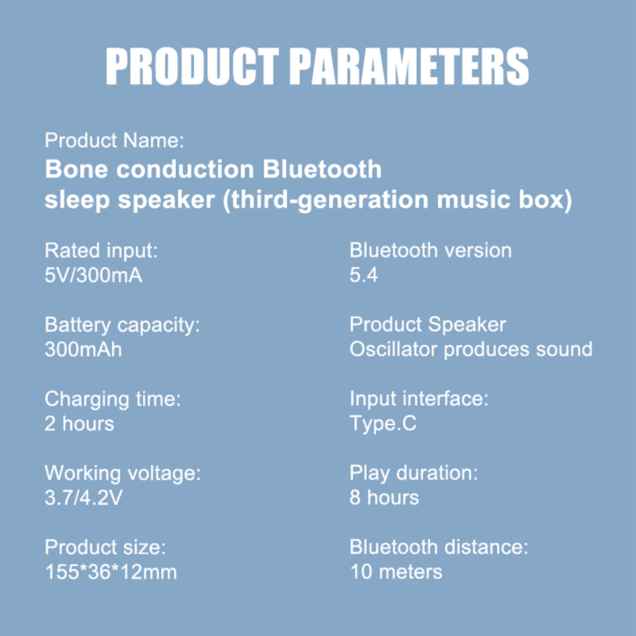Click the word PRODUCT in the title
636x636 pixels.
click(192, 66)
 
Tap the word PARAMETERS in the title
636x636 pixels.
click(409, 66)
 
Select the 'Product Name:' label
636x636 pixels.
click(114, 140)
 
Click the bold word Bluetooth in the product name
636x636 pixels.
click(322, 169)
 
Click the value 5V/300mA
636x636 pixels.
click(93, 275)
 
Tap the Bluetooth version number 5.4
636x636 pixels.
click(364, 275)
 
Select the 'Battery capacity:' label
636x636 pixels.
click(122, 325)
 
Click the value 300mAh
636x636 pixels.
click(83, 349)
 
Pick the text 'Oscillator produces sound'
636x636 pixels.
click(471, 349)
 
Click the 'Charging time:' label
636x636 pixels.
click(113, 399)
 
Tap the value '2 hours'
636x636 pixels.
click(79, 424)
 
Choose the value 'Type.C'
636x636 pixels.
click(383, 424)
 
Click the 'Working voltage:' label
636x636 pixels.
click(123, 473)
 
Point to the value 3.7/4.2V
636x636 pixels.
click(84, 498)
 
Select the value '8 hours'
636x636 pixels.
click(384, 498)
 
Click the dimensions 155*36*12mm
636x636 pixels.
click(111, 572)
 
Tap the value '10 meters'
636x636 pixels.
click(396, 572)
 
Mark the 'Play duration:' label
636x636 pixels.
click(414, 473)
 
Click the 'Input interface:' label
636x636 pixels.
click(419, 399)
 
